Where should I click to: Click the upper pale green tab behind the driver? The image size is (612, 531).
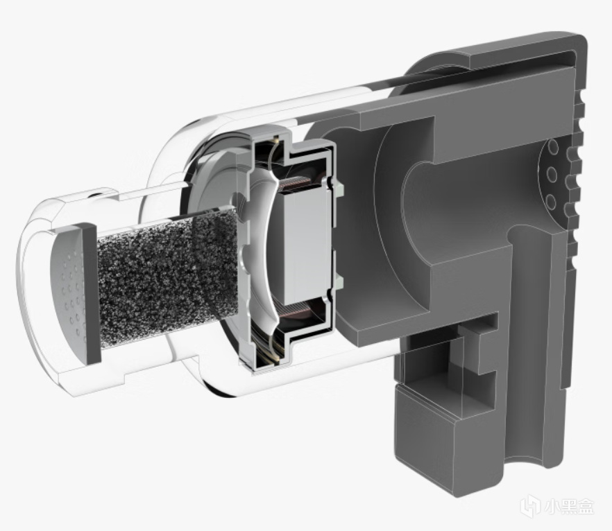[x=340, y=189]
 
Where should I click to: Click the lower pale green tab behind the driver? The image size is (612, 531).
[x=340, y=283]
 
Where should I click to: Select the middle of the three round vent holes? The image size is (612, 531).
[x=552, y=174]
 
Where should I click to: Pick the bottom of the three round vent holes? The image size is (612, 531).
[x=551, y=201]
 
